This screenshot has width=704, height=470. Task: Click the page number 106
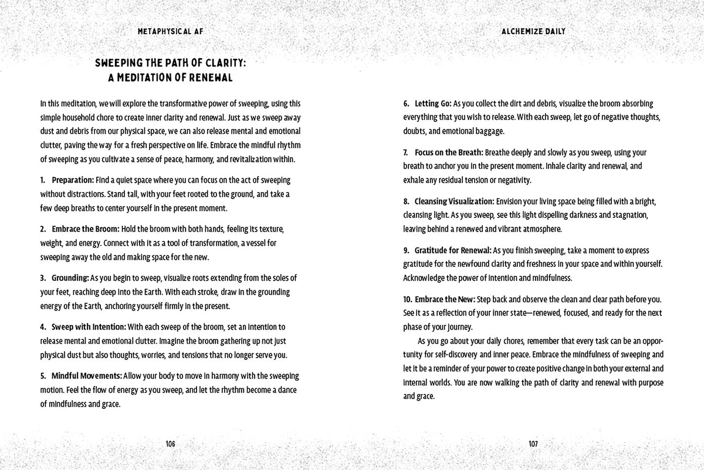pyautogui.click(x=170, y=444)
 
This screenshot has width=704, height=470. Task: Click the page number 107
pyautogui.click(x=533, y=444)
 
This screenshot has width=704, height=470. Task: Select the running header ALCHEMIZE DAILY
pyautogui.click(x=533, y=31)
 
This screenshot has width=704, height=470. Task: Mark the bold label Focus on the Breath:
pyautogui.click(x=449, y=152)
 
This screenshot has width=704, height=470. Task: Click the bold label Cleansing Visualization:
pyautogui.click(x=455, y=201)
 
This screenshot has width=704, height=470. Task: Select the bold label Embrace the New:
pyautogui.click(x=444, y=299)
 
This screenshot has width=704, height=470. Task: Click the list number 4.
pyautogui.click(x=43, y=326)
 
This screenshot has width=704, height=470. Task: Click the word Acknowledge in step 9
pyautogui.click(x=425, y=277)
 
